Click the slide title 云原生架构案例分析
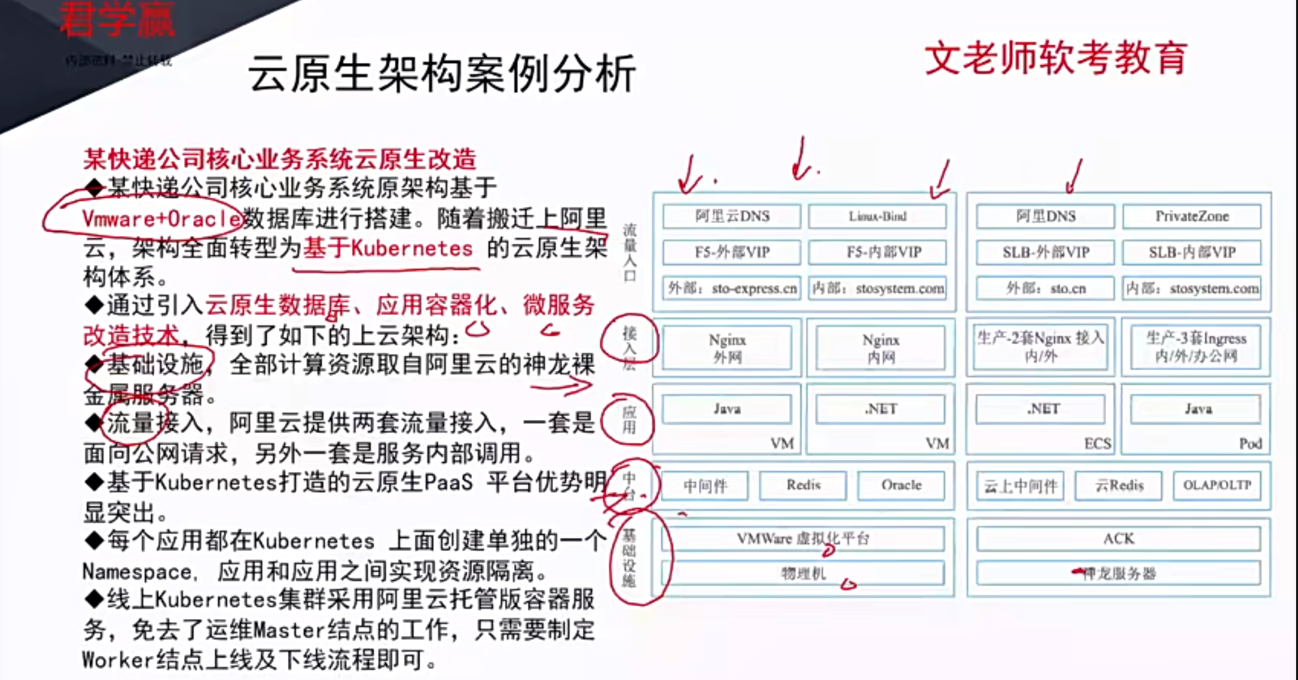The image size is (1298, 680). click(x=442, y=73)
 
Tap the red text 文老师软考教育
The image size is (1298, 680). click(x=1056, y=58)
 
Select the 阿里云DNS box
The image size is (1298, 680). click(x=731, y=217)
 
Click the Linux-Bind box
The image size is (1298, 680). click(x=877, y=217)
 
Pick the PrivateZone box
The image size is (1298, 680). click(x=1192, y=217)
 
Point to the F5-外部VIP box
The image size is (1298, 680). click(x=731, y=252)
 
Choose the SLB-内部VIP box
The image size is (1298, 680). click(x=1192, y=252)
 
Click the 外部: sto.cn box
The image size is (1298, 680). click(x=1045, y=288)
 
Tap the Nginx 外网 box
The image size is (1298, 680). click(x=727, y=348)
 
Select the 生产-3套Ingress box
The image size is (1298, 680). click(x=1196, y=347)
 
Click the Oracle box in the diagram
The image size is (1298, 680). click(x=901, y=486)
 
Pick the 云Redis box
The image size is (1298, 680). click(x=1118, y=486)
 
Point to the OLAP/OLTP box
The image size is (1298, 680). click(x=1216, y=486)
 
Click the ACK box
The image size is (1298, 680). click(x=1118, y=539)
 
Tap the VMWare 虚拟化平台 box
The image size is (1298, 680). click(x=803, y=539)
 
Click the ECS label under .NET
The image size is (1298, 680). click(x=1097, y=443)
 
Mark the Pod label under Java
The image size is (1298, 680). click(x=1250, y=443)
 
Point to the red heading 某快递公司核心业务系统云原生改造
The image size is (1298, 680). click(x=280, y=159)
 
